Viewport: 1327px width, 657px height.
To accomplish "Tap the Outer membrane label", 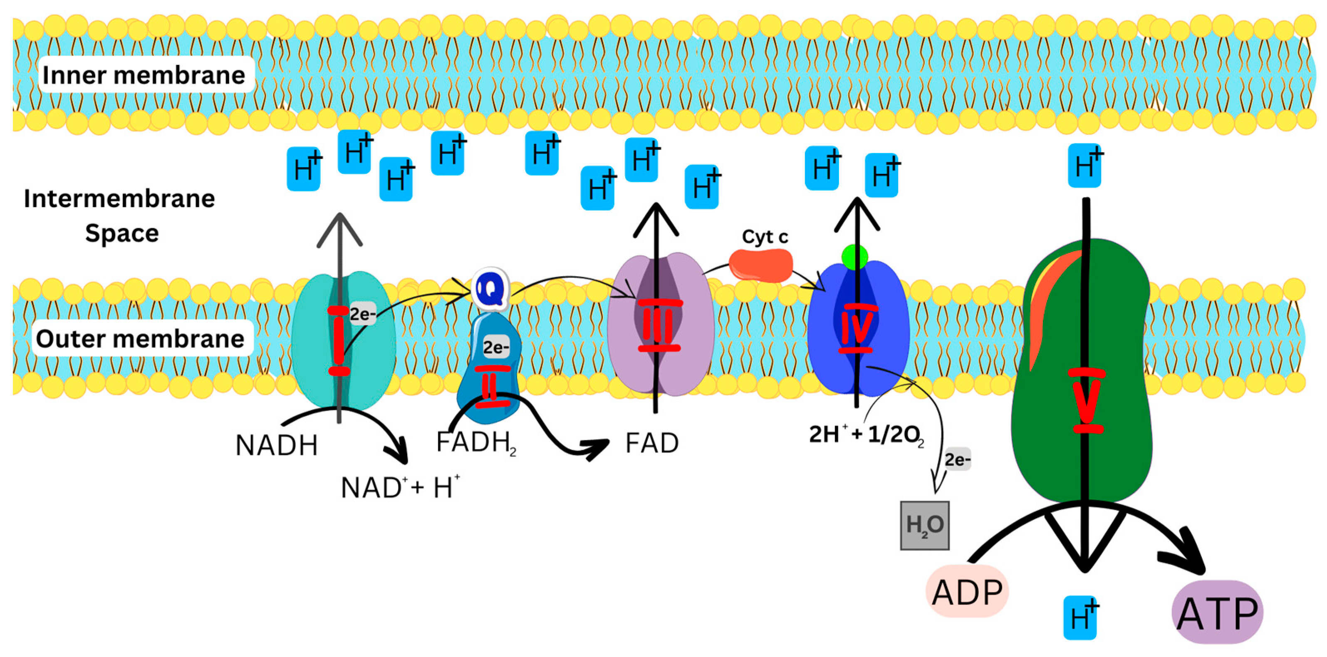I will (140, 339).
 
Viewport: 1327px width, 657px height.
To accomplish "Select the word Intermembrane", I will (119, 199).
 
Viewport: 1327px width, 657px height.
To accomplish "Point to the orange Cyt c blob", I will (760, 265).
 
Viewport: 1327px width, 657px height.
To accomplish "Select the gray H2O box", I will (924, 525).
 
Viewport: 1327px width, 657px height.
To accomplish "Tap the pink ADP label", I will (967, 592).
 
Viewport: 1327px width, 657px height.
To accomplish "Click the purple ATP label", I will (1217, 613).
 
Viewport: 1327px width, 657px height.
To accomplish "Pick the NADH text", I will (277, 445).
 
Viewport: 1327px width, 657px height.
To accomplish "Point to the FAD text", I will (652, 443).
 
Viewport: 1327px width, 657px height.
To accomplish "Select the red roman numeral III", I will (659, 326).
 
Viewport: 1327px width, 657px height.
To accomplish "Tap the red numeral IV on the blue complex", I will (857, 328).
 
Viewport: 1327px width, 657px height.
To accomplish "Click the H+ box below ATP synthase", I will (1080, 618).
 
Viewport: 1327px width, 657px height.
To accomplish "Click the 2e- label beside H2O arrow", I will (957, 459).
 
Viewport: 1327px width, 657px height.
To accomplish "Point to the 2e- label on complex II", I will (495, 348).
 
